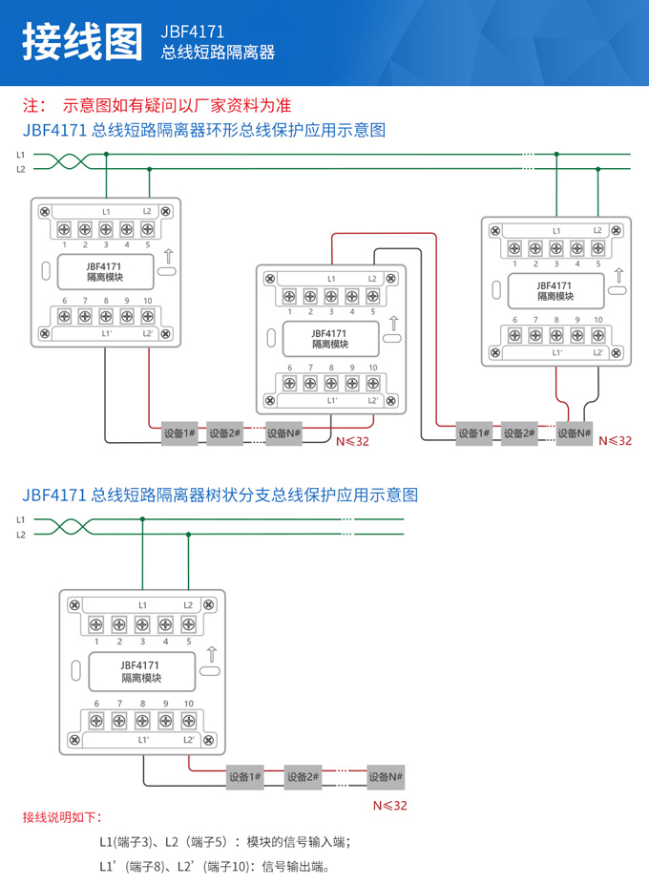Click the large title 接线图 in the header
coord(81,42)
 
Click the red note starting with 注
coord(157,105)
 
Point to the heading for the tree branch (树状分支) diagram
coord(219,495)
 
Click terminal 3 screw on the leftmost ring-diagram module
coord(105,228)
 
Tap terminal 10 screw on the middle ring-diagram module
coord(373,383)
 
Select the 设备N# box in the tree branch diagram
coord(387,777)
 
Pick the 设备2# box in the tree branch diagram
coord(305,777)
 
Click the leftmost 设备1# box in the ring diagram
coord(179,432)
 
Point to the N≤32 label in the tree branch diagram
coord(389,805)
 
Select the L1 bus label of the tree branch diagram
coord(20,518)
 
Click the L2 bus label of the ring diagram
coord(20,169)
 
